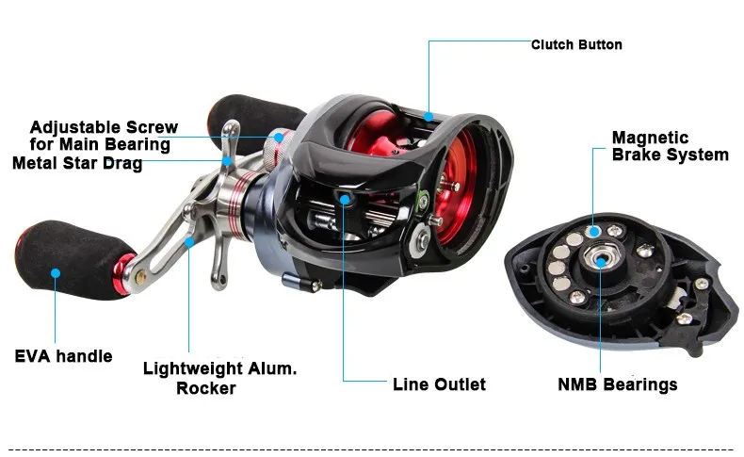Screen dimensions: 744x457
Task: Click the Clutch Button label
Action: pos(576,44)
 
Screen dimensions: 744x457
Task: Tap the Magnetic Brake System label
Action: pos(670,146)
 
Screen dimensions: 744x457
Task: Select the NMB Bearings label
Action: pos(617,384)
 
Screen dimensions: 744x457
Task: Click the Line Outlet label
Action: pos(439,384)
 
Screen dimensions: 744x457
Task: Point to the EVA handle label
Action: pos(63,356)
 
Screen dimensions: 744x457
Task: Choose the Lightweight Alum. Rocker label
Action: pos(219,378)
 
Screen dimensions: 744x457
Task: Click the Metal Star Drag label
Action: pos(77,163)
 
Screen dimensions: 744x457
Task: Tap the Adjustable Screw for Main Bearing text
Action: pos(100,136)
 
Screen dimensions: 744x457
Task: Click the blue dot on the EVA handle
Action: pos(56,273)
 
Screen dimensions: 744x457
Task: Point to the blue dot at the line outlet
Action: pos(346,199)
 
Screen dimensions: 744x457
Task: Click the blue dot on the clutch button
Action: pos(429,117)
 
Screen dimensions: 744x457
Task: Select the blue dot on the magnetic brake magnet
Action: pos(594,229)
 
